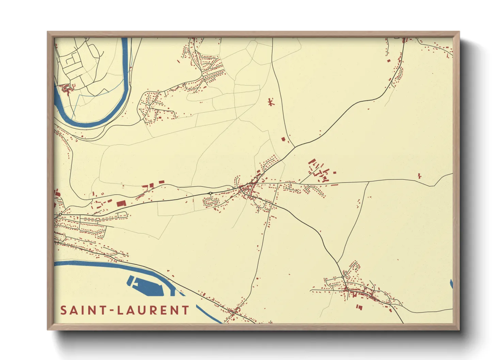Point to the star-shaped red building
[271, 102]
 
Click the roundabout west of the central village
[210, 193]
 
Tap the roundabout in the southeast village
[343, 277]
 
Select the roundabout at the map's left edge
[60, 214]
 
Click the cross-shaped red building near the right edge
[420, 176]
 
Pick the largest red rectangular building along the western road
[121, 203]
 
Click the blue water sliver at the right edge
[452, 284]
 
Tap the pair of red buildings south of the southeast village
[359, 307]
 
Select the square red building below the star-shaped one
[283, 139]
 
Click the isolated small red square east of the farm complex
[335, 173]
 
